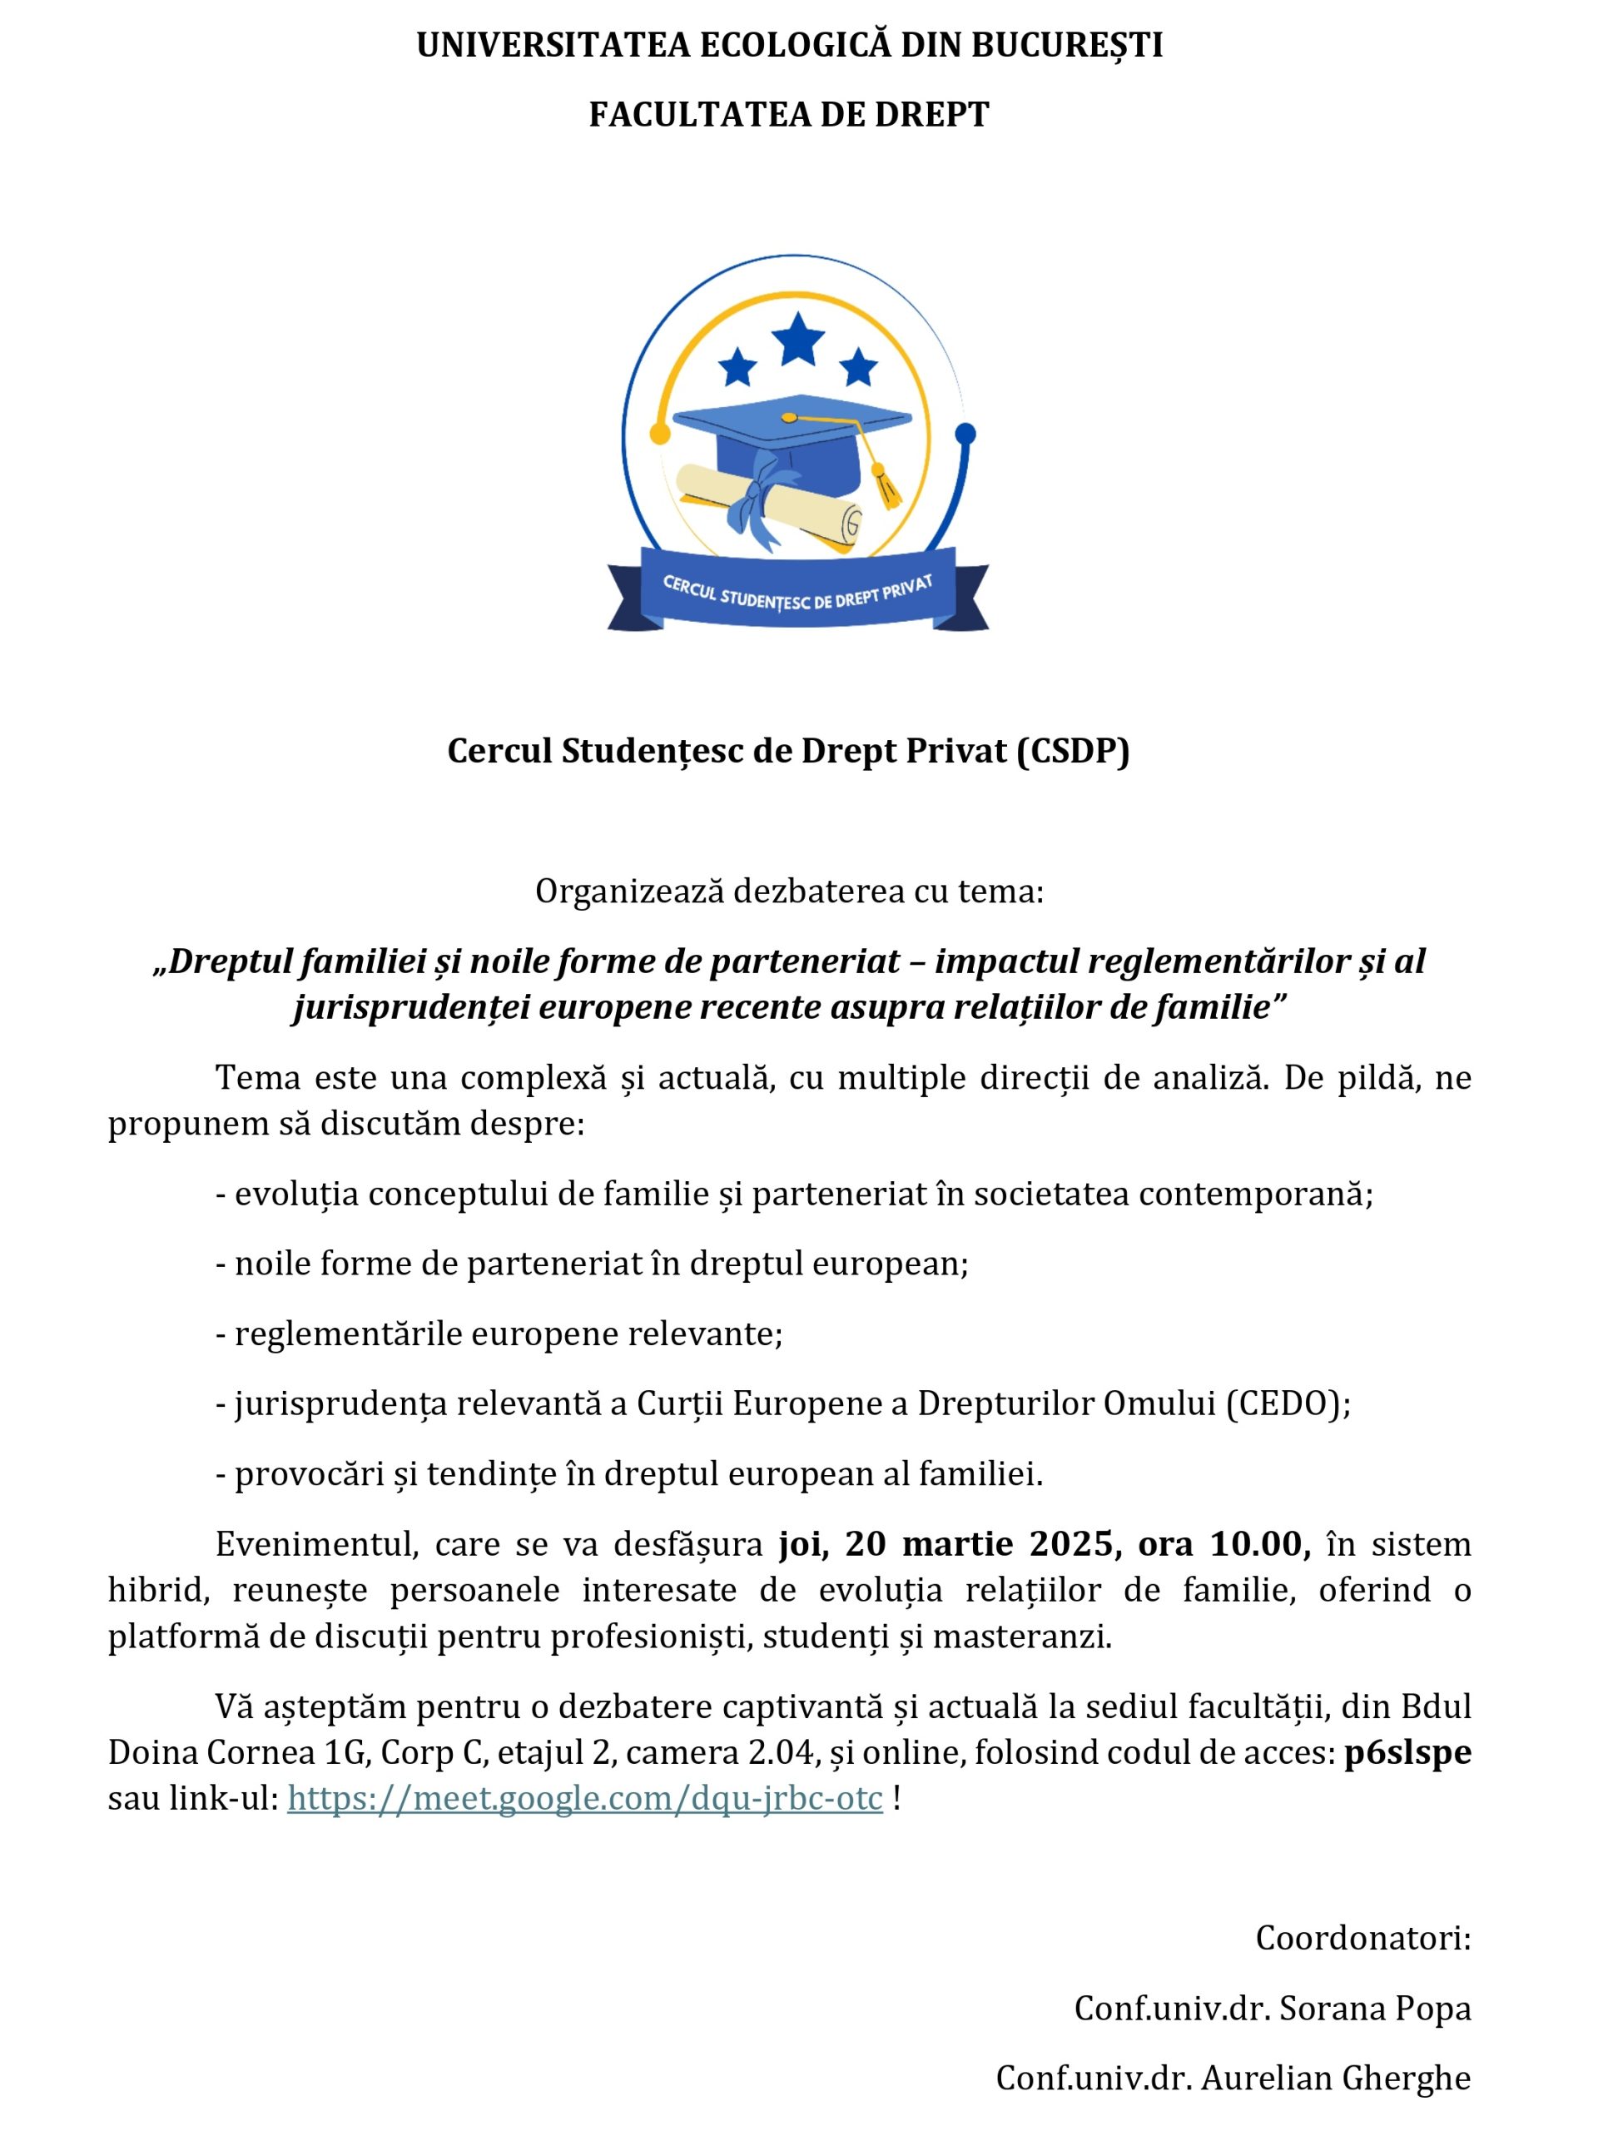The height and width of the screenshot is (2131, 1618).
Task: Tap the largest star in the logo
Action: click(x=797, y=339)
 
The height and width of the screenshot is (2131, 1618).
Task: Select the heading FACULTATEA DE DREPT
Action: click(x=789, y=115)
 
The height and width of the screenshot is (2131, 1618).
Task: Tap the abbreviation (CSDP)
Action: click(x=1073, y=751)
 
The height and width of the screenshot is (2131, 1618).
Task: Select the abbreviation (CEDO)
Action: click(x=1288, y=1403)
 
